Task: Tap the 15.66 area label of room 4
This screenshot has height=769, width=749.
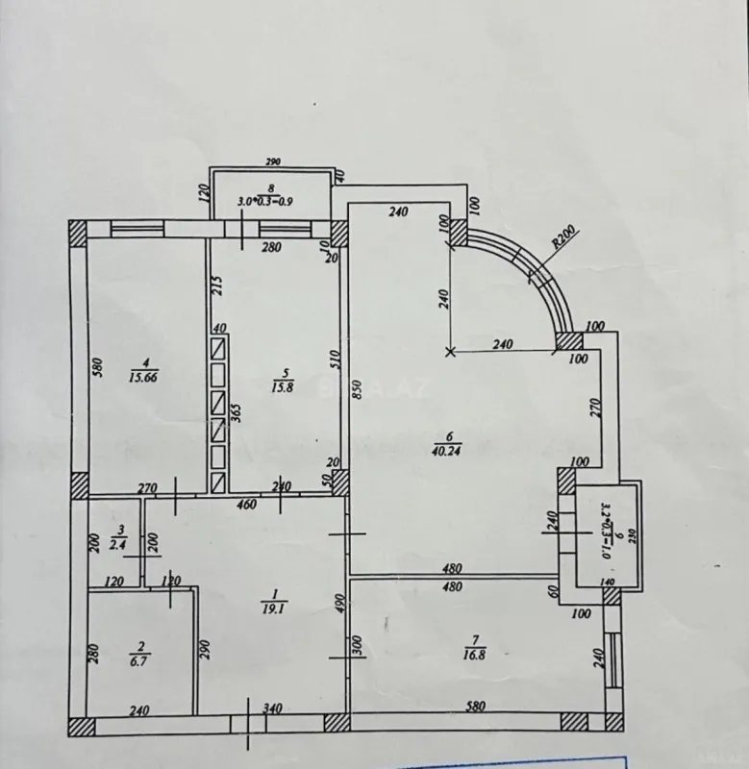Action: tap(145, 377)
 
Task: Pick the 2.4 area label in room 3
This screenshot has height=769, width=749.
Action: tap(119, 545)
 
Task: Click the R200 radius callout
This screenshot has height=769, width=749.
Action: tap(564, 237)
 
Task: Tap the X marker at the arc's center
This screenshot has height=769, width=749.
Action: tap(451, 352)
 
